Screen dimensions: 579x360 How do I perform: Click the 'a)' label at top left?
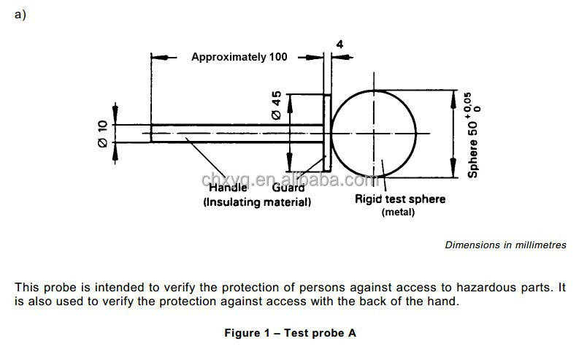tap(20, 15)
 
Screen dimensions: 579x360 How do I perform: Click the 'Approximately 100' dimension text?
tap(239, 57)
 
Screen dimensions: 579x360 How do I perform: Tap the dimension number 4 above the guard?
tap(340, 45)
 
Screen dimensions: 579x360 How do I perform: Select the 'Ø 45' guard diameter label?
tap(276, 105)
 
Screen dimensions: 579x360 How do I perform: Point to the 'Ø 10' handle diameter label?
tap(103, 134)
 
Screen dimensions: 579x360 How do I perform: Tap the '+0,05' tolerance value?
tap(468, 104)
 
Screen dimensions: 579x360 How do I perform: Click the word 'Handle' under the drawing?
tap(228, 188)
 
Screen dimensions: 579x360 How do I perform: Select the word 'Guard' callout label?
tap(288, 188)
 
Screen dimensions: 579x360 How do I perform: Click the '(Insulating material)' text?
tap(257, 202)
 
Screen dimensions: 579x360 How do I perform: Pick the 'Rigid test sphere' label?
tap(400, 199)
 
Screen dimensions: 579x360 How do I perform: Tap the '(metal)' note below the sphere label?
tap(398, 212)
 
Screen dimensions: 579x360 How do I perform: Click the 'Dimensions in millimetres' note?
tap(505, 245)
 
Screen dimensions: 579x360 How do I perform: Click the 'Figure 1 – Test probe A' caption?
tap(291, 333)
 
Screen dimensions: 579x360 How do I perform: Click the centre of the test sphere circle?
tap(374, 134)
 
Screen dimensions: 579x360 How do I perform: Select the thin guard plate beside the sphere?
tap(327, 134)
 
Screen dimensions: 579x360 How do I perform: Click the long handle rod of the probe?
tap(237, 134)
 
